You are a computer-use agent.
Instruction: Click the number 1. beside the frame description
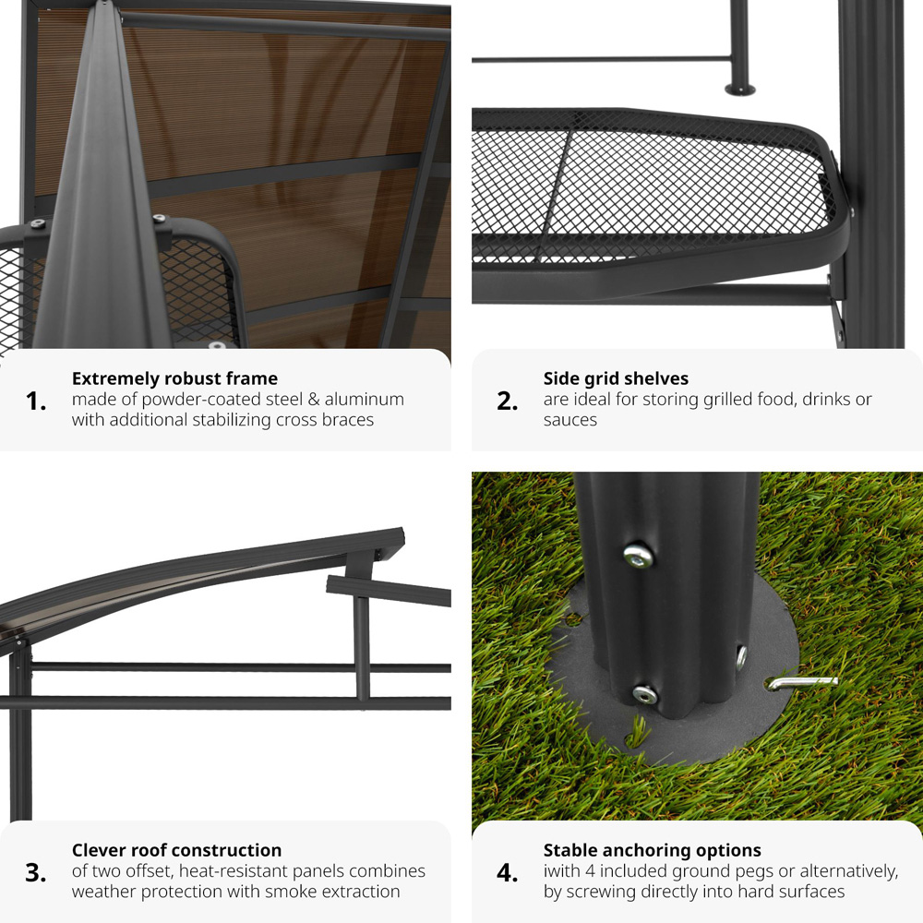(36, 402)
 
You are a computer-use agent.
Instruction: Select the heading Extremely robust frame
(174, 378)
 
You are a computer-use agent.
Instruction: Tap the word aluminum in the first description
(364, 400)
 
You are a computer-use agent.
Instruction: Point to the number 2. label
(508, 402)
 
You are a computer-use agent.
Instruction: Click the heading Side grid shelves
(616, 378)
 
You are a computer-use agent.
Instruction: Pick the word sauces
(569, 420)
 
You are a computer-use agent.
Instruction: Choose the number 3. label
(36, 873)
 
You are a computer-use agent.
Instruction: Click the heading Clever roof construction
(176, 850)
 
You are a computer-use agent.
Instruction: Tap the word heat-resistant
(232, 871)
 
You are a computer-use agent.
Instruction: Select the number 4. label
(508, 873)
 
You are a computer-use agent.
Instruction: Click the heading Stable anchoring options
(652, 850)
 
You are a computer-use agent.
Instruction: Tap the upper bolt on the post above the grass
(637, 556)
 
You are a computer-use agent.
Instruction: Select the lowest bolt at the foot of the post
(643, 693)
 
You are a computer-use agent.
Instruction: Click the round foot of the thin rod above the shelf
(739, 90)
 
